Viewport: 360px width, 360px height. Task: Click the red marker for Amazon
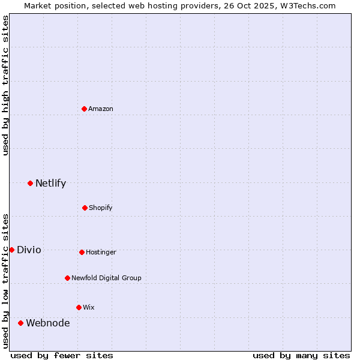tap(85, 109)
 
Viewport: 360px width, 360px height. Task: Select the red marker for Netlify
tap(31, 183)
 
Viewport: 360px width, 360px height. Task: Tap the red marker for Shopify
tap(85, 208)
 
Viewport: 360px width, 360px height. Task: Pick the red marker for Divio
tap(12, 250)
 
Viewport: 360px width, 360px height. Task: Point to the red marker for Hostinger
tap(82, 252)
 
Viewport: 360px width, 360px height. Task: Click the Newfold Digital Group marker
tap(68, 278)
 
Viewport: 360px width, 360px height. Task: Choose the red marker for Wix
tap(79, 307)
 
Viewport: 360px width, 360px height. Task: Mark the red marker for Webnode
tap(21, 323)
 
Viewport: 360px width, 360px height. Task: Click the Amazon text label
tap(101, 109)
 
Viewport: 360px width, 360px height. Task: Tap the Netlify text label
tap(50, 183)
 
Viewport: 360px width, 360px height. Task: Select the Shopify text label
tap(101, 208)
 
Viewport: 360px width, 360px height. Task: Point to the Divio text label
tap(29, 250)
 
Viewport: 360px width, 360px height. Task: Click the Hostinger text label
tap(101, 252)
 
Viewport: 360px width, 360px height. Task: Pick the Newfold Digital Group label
tap(106, 278)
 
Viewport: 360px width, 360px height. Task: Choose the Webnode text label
tap(47, 323)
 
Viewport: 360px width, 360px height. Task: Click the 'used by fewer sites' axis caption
tap(62, 355)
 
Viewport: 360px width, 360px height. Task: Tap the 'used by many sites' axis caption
tap(301, 355)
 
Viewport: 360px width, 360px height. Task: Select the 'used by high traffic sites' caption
tap(5, 85)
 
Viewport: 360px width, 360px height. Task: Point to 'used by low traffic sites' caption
tap(5, 280)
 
